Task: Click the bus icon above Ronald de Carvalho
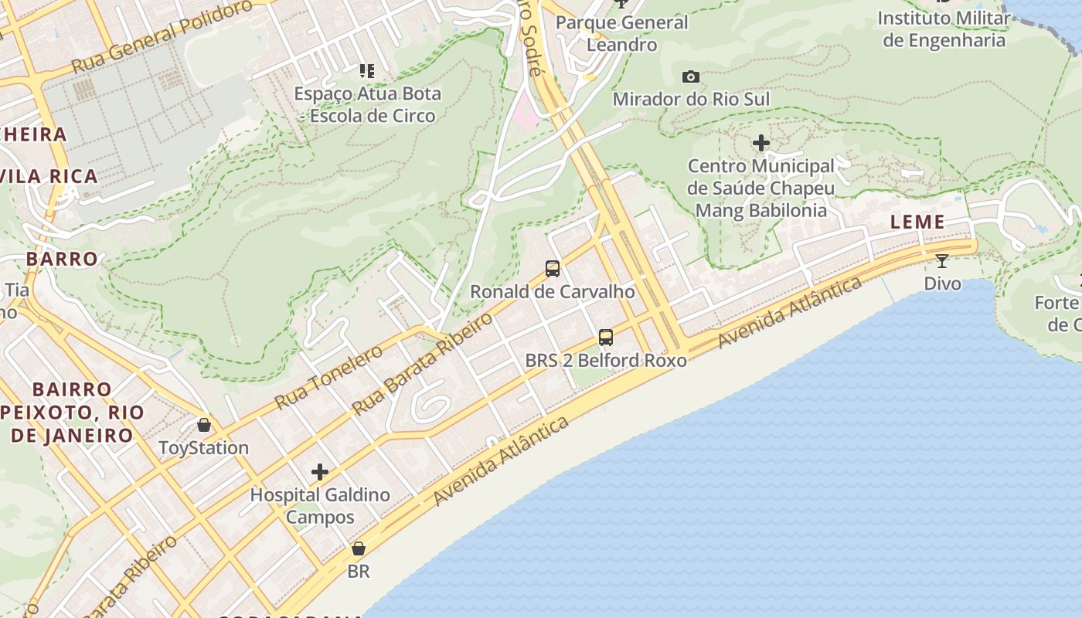pyautogui.click(x=553, y=269)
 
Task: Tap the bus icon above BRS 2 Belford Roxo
pyautogui.click(x=606, y=338)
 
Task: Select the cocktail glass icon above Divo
pyautogui.click(x=942, y=261)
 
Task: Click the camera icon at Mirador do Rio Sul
pyautogui.click(x=691, y=76)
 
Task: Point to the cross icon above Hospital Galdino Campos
pyautogui.click(x=320, y=472)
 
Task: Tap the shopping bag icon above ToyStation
pyautogui.click(x=204, y=425)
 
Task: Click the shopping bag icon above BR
pyautogui.click(x=359, y=549)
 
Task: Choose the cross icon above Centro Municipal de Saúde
pyautogui.click(x=761, y=143)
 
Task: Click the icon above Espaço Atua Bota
pyautogui.click(x=367, y=71)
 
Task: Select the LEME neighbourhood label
pyautogui.click(x=917, y=222)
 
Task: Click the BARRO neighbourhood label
pyautogui.click(x=62, y=259)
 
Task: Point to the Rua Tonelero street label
pyautogui.click(x=329, y=377)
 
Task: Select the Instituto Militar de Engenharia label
pyautogui.click(x=944, y=29)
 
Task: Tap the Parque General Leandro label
pyautogui.click(x=621, y=33)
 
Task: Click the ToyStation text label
pyautogui.click(x=204, y=448)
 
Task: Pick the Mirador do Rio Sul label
pyautogui.click(x=691, y=100)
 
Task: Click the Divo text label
pyautogui.click(x=943, y=284)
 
